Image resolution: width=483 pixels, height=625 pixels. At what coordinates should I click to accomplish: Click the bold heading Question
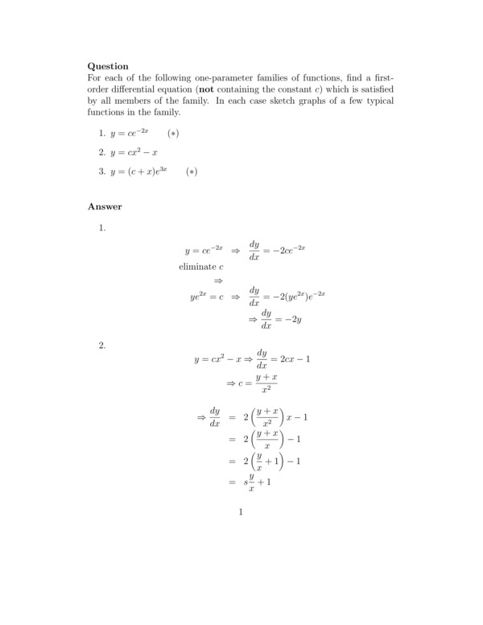point(108,66)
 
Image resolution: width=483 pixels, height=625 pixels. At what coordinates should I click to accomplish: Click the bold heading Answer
point(105,206)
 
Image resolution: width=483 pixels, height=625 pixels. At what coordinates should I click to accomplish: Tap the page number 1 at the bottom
point(241,511)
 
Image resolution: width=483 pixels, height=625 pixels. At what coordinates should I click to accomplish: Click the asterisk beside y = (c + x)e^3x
point(191,172)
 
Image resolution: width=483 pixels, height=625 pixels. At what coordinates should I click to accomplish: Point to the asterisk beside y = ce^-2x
point(172,132)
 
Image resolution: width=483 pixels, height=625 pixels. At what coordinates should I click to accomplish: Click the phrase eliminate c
point(200,266)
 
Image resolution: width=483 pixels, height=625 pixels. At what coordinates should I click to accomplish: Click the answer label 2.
point(102,346)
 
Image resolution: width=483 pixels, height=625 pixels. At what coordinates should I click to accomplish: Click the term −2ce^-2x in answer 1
point(288,250)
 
